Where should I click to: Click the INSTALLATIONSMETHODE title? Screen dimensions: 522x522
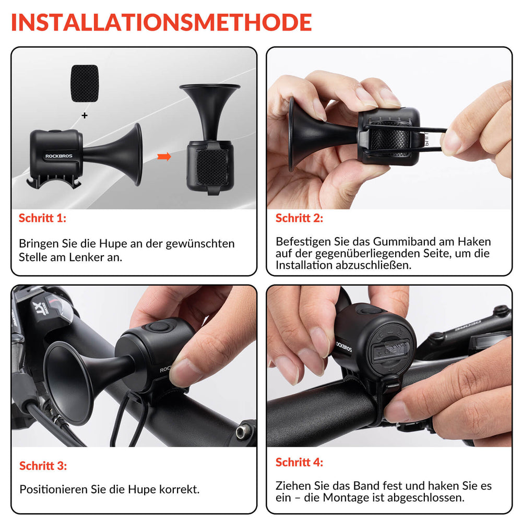tap(161, 22)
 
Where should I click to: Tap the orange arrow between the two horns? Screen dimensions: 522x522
tap(164, 157)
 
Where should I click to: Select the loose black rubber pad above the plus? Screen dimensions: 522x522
tap(84, 84)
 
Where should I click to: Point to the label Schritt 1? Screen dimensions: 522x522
tap(42, 218)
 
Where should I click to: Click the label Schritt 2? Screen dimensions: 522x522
tap(299, 218)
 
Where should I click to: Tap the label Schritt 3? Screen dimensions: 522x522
tap(43, 465)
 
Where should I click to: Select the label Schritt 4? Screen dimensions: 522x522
tap(299, 462)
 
